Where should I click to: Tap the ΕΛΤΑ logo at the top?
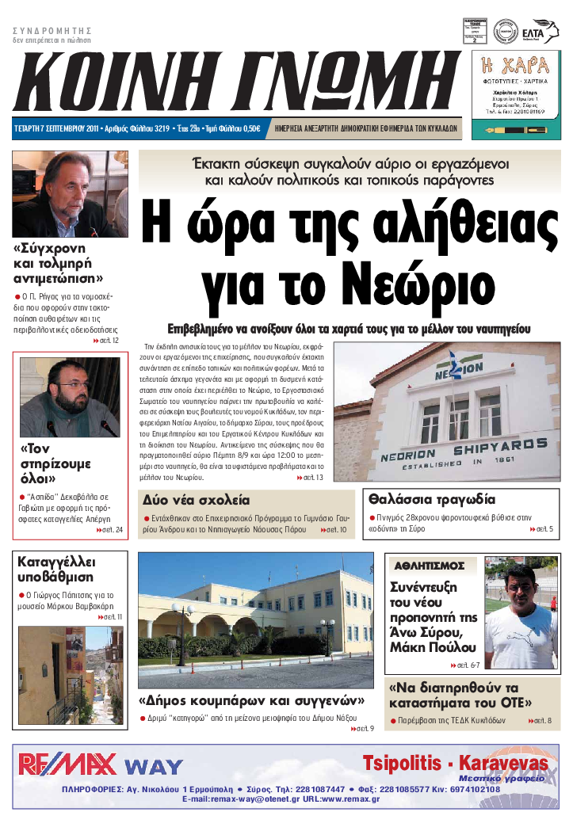[x=544, y=30]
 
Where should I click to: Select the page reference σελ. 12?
[x=107, y=341]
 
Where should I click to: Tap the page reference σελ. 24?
[x=109, y=528]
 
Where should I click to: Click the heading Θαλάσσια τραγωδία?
[x=432, y=500]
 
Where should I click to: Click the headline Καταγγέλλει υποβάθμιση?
[x=55, y=570]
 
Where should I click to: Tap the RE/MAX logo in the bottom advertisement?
[x=68, y=764]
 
